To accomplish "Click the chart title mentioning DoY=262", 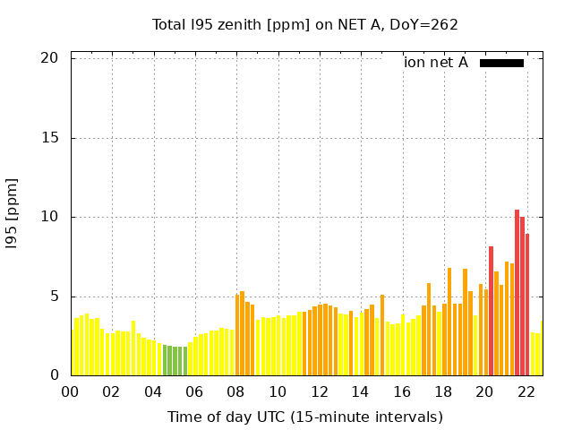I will [x=304, y=24].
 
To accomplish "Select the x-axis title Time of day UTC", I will [x=304, y=417].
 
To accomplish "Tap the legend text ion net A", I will [x=436, y=63].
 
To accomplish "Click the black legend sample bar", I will [x=501, y=63].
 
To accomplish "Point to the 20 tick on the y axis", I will [x=49, y=58].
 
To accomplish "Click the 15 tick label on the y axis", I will [x=49, y=138].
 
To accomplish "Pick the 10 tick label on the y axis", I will [x=49, y=217].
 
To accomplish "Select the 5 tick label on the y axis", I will [x=54, y=297].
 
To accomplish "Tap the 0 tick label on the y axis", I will [x=54, y=375].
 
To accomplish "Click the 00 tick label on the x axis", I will [x=71, y=391].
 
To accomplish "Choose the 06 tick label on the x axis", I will [x=195, y=391].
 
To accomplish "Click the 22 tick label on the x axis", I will [x=526, y=391].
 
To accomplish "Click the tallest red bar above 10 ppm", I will [x=517, y=296].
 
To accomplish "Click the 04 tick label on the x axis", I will [x=154, y=391].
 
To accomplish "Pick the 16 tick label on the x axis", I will [x=402, y=391].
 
